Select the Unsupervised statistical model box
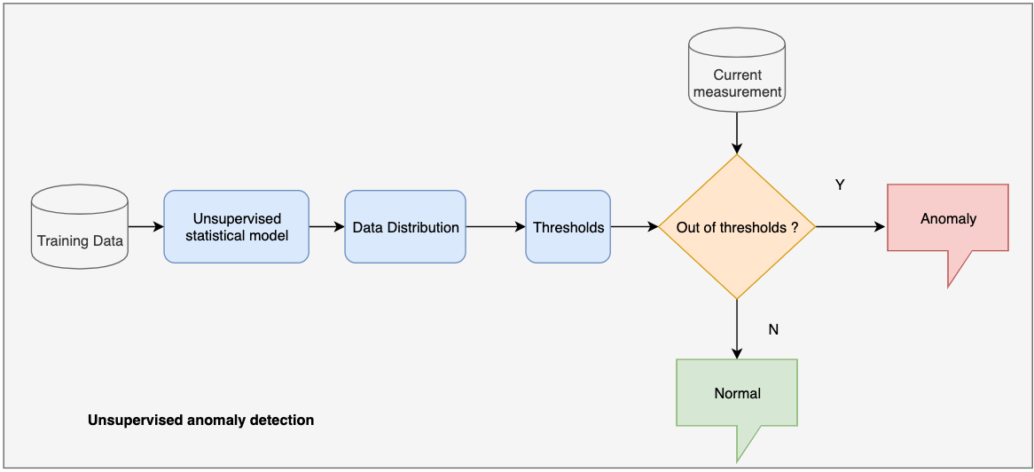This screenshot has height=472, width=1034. point(236,226)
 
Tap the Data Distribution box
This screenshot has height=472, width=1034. point(405,226)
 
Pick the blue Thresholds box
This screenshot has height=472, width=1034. point(568,226)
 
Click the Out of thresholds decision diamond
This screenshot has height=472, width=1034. point(737,226)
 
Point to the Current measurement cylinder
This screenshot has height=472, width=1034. point(737,70)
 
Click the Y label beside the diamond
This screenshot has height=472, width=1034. point(840,185)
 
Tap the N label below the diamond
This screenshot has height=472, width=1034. point(773,329)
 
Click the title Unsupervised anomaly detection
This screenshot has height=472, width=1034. point(200,420)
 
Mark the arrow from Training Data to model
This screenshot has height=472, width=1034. point(145,226)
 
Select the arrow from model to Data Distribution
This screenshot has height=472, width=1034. point(327,226)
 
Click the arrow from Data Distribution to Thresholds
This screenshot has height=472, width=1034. point(496,226)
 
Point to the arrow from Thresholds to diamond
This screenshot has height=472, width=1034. point(634,226)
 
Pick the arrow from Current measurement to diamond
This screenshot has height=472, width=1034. point(737,133)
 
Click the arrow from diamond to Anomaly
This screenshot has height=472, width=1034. point(851,226)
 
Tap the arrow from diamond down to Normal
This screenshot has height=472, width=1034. point(737,329)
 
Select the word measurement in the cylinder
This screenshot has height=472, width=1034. point(737,91)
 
